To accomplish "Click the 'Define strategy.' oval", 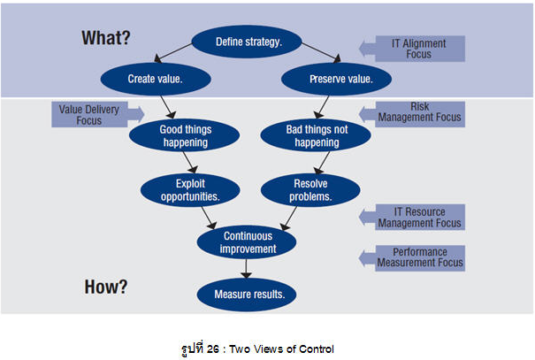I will (x=250, y=42).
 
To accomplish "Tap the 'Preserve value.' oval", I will (x=340, y=79).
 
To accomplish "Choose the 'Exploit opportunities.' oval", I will (x=188, y=188).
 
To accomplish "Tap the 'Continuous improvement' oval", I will (x=249, y=241).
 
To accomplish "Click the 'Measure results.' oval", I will (x=250, y=295).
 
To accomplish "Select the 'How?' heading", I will (x=106, y=287).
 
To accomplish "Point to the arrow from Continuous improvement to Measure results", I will (x=249, y=268).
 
